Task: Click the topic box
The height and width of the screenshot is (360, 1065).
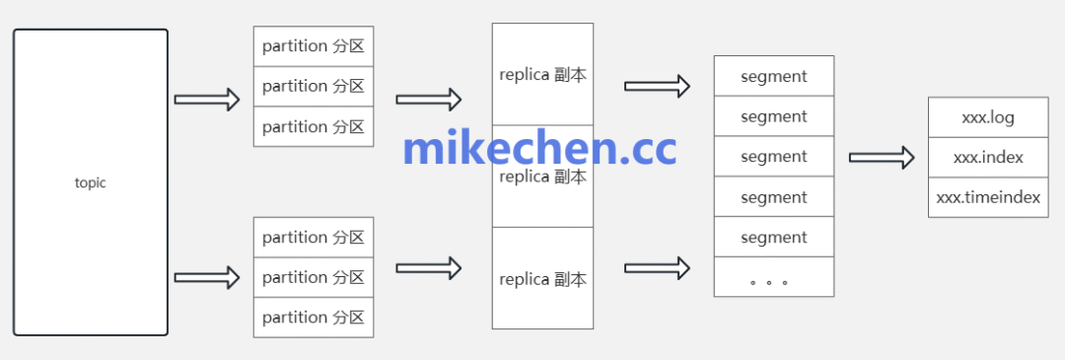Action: click(x=91, y=182)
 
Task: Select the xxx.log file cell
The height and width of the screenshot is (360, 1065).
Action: click(x=988, y=117)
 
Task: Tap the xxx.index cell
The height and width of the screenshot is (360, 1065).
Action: click(x=988, y=157)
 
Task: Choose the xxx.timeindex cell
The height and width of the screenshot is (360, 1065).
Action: click(x=988, y=197)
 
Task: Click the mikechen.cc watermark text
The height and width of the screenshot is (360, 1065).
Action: click(x=539, y=148)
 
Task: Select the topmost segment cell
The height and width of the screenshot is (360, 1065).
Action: click(x=774, y=76)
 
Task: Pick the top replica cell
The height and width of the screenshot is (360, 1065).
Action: click(x=543, y=75)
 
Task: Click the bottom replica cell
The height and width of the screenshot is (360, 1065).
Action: click(x=543, y=279)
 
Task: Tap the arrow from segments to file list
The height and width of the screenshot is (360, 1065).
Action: click(x=882, y=158)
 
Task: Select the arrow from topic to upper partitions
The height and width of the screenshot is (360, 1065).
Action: click(x=207, y=100)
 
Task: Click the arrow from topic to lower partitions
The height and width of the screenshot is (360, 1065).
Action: click(x=207, y=277)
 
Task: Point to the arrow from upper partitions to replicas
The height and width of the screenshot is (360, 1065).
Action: click(x=429, y=100)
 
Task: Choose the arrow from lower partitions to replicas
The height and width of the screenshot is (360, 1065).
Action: click(x=429, y=267)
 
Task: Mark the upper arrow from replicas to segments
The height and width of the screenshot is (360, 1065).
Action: click(x=657, y=86)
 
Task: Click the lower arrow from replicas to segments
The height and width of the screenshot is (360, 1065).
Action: click(x=657, y=267)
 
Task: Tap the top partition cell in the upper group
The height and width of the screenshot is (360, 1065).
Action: click(x=314, y=46)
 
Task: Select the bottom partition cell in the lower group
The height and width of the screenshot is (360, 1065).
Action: click(x=314, y=318)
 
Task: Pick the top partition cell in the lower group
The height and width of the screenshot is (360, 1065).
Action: click(x=314, y=238)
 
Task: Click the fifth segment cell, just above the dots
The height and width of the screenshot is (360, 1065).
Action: click(x=774, y=238)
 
